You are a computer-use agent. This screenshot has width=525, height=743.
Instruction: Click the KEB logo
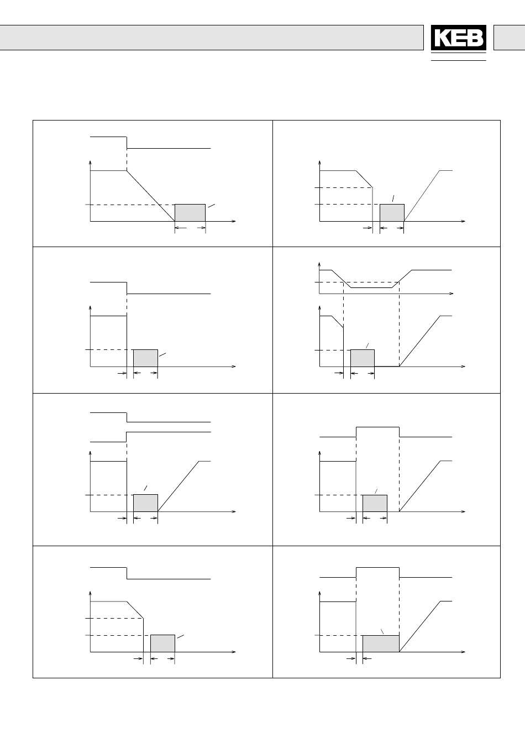(x=458, y=38)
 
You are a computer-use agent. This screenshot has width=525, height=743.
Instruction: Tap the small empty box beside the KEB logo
(x=509, y=38)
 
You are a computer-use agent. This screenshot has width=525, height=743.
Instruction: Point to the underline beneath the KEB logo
(x=458, y=60)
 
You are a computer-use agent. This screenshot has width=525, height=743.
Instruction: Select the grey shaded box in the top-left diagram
(x=190, y=213)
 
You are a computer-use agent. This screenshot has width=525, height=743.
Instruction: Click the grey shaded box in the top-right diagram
(x=392, y=213)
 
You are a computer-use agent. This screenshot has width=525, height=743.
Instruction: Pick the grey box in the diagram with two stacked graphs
(x=363, y=358)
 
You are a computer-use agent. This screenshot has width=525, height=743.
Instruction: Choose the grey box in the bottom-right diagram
(x=381, y=643)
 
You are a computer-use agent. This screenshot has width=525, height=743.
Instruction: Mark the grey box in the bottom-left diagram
(x=163, y=643)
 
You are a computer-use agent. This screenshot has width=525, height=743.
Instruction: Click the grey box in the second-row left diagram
(x=145, y=358)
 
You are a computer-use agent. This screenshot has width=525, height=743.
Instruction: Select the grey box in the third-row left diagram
(x=145, y=503)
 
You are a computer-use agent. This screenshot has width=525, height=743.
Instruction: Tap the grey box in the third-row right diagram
(x=375, y=503)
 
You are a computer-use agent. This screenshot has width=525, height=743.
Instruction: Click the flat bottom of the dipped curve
(x=372, y=288)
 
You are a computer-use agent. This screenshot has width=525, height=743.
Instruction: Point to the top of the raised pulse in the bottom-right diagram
(x=377, y=567)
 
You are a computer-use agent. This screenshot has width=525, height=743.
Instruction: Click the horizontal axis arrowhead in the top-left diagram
(x=234, y=221)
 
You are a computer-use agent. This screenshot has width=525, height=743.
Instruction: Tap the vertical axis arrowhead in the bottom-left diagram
(x=90, y=593)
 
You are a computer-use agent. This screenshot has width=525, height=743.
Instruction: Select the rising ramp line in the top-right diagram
(x=422, y=196)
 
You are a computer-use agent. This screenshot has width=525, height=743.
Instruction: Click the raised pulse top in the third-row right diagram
(x=377, y=427)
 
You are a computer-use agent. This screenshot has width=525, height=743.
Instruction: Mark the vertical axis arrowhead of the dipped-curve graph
(x=319, y=265)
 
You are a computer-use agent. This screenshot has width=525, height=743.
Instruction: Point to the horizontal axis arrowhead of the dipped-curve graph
(x=452, y=294)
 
